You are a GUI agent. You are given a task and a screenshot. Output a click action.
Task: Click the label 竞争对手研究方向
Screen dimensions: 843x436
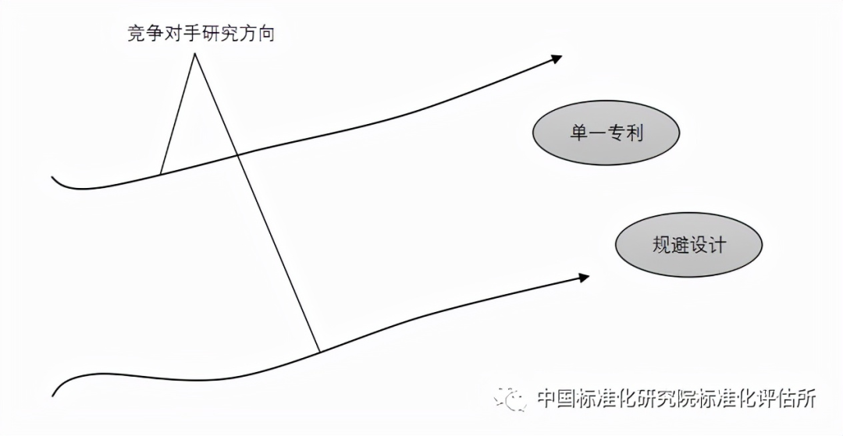tap(201, 34)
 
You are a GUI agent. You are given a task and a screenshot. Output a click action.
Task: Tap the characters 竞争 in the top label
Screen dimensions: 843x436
tap(146, 34)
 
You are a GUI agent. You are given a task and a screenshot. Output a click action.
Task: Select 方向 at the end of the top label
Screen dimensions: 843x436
tap(257, 34)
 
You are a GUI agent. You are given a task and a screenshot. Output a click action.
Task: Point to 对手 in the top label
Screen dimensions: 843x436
tap(183, 34)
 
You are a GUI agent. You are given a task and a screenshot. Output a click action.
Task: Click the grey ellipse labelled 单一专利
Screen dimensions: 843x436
tap(606, 133)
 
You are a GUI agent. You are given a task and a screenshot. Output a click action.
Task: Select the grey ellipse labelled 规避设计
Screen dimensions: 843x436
tap(688, 245)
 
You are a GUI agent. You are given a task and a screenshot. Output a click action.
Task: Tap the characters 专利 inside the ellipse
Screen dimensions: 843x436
tap(624, 133)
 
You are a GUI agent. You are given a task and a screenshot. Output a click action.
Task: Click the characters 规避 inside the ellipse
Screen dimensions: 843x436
tap(670, 245)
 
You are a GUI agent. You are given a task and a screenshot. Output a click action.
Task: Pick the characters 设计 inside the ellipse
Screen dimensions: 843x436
tap(707, 245)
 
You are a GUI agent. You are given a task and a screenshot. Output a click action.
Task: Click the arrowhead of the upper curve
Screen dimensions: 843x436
tap(557, 58)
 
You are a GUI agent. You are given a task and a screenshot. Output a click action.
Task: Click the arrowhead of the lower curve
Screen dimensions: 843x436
tap(584, 277)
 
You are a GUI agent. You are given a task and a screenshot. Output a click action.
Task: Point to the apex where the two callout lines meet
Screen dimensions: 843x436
tap(194, 53)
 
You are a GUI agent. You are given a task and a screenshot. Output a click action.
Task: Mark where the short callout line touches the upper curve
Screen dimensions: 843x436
tap(161, 174)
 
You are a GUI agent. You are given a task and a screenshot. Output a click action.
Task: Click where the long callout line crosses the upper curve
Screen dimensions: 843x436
tap(237, 156)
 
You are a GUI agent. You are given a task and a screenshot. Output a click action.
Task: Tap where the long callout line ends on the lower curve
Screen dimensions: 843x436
tap(320, 353)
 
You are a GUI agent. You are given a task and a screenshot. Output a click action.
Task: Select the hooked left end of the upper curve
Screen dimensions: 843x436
tap(53, 176)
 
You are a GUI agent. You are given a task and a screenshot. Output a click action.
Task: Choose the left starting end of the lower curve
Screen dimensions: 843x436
tap(53, 395)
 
